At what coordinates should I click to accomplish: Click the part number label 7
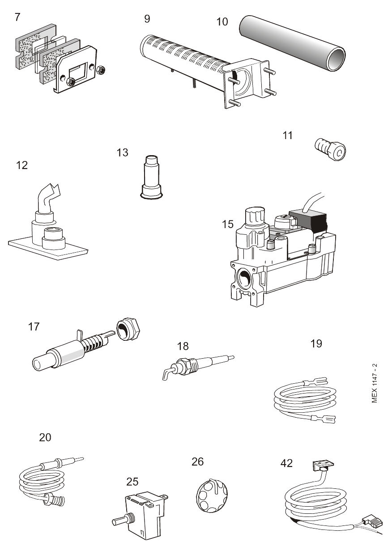tap(17, 17)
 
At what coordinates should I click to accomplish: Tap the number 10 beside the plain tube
tap(222, 21)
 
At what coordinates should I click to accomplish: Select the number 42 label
tap(286, 463)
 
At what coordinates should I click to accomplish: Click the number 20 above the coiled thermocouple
tap(45, 437)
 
